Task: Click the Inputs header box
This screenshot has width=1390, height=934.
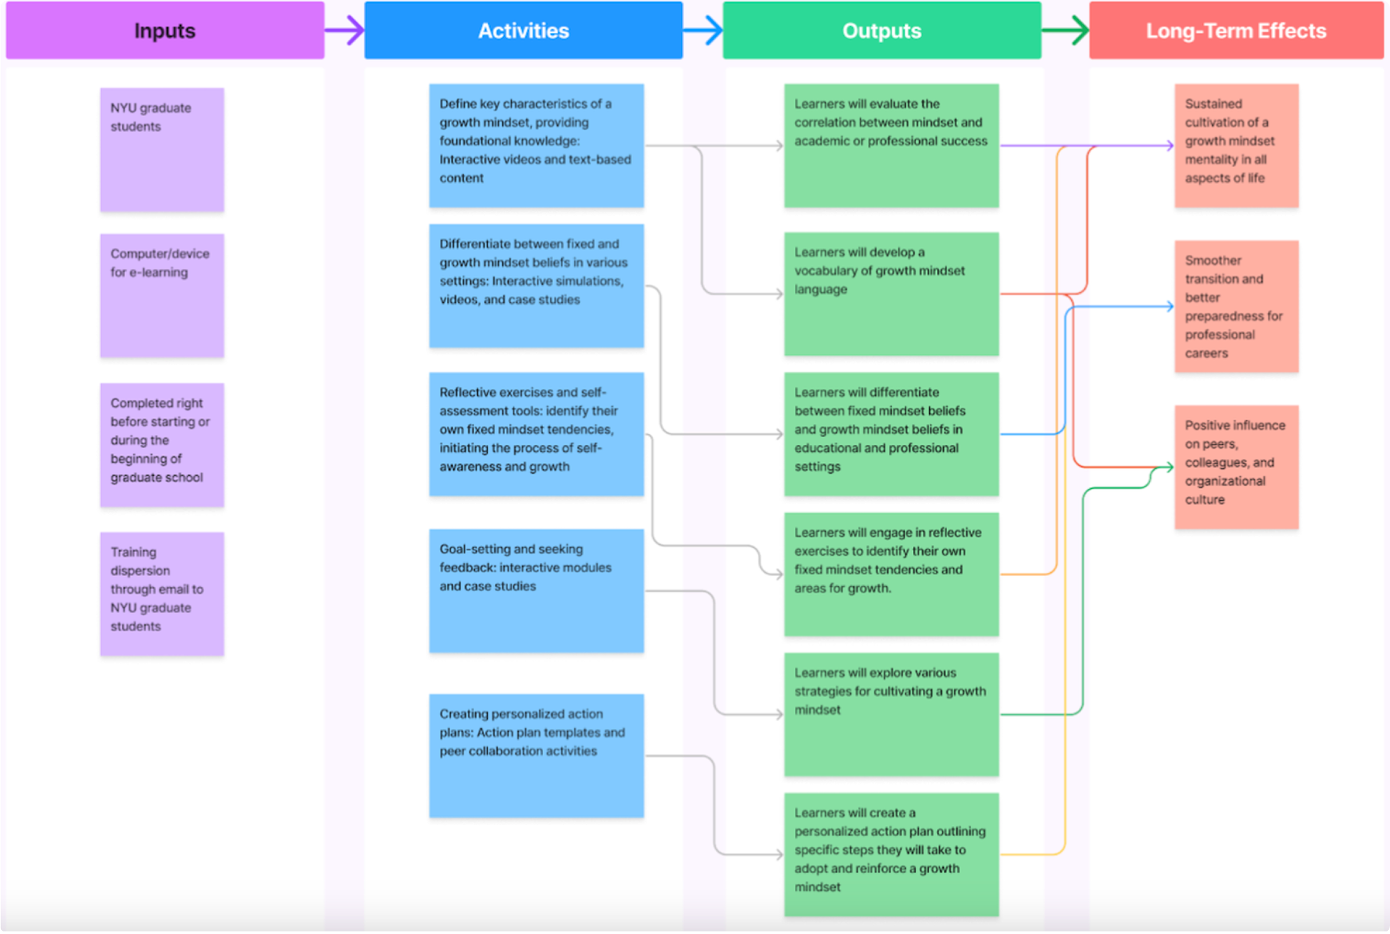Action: (x=165, y=30)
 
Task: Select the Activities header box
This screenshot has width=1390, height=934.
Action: (x=523, y=30)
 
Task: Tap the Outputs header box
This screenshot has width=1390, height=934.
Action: (x=881, y=30)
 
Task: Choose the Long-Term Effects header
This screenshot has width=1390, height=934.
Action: (x=1235, y=30)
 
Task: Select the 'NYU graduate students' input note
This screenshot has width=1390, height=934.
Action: (x=162, y=149)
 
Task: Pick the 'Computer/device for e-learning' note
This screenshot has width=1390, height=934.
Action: (x=162, y=295)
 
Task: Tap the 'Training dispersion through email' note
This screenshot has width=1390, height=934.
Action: (x=162, y=593)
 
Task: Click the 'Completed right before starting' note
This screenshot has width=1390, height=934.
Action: (x=162, y=444)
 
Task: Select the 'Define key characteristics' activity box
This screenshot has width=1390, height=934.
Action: (x=536, y=145)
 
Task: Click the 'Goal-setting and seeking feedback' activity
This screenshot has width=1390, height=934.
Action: (x=536, y=590)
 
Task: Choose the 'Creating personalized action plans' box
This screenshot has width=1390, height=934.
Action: (x=536, y=755)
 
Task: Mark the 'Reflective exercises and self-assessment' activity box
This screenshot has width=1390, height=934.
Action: (x=536, y=434)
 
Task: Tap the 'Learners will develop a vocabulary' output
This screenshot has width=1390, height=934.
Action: (x=891, y=294)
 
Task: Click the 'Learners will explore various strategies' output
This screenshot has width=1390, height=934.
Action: (x=891, y=714)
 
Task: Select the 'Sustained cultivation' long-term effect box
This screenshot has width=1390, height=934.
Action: (x=1235, y=145)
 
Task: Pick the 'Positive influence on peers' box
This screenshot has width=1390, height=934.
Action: (x=1235, y=466)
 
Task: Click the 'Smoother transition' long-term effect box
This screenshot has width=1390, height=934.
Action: (x=1235, y=306)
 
